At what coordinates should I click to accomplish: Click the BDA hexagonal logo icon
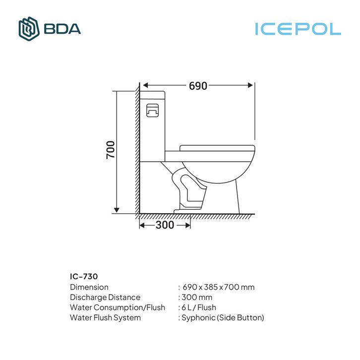point(29,29)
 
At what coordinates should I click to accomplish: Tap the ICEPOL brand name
point(298,29)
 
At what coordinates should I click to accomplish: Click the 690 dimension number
point(198,86)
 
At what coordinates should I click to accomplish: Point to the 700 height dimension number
point(111,150)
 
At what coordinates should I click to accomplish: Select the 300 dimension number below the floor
point(165,225)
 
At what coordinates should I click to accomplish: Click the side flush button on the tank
point(152,111)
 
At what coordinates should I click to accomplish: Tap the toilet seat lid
point(217,148)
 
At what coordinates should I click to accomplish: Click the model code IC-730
point(84,276)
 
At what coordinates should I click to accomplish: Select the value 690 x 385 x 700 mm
point(219,287)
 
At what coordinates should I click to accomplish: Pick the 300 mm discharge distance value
point(197,298)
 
